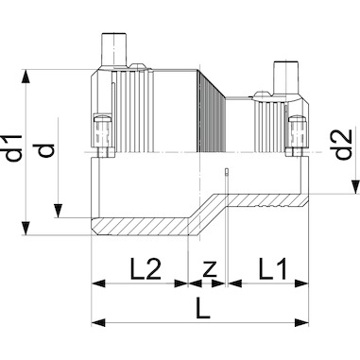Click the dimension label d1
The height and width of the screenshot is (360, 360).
pos(14,147)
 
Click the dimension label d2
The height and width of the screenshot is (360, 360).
pos(343,145)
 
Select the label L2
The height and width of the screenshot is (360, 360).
pos(146,269)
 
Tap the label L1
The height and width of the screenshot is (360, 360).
pos(273,269)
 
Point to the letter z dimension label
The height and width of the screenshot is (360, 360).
pos(210,270)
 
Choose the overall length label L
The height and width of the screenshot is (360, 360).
pos(202,308)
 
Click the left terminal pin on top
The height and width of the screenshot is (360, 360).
pos(113,49)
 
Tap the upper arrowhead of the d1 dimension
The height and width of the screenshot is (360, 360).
pos(26,77)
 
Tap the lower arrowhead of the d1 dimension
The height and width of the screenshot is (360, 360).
pos(26,228)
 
